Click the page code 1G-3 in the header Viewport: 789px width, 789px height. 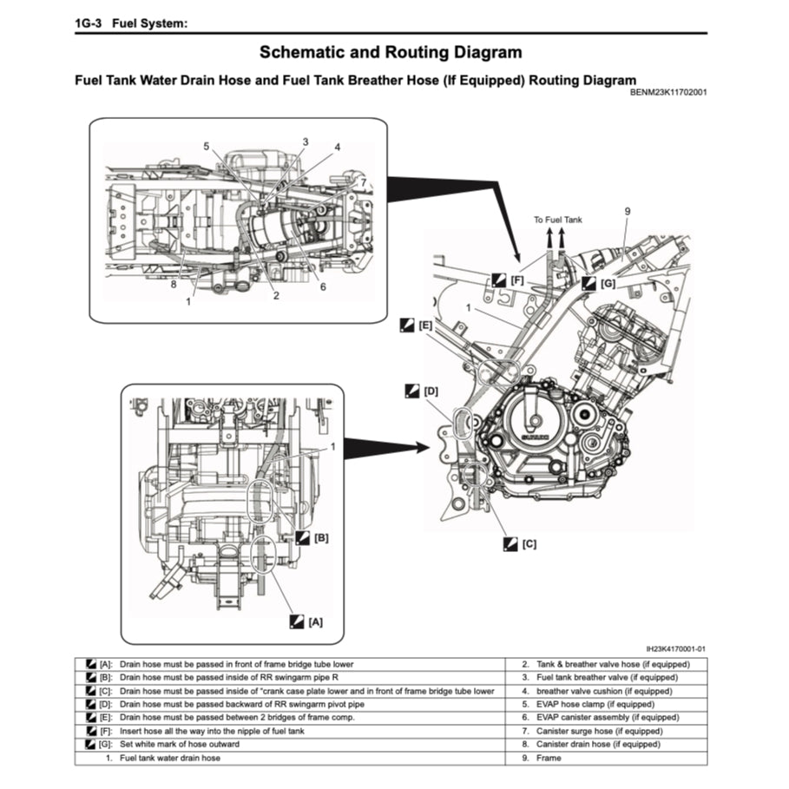pyautogui.click(x=91, y=23)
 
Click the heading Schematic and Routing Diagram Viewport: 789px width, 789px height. pyautogui.click(x=391, y=54)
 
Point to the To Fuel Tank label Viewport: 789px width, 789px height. pyautogui.click(x=558, y=220)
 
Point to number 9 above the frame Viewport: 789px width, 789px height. pyautogui.click(x=627, y=211)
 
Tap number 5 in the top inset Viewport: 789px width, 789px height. pyautogui.click(x=207, y=147)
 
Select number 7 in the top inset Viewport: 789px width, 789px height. pyautogui.click(x=363, y=182)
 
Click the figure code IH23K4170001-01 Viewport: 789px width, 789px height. pyautogui.click(x=675, y=648)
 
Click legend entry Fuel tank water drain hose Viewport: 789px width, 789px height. pyautogui.click(x=169, y=758)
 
